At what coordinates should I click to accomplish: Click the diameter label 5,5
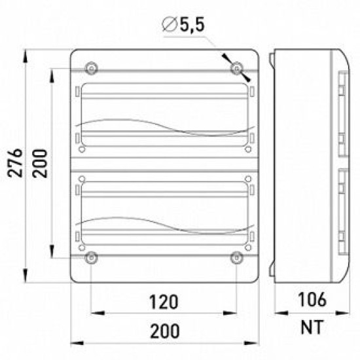[x=192, y=25]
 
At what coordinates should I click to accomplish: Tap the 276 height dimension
[x=15, y=163]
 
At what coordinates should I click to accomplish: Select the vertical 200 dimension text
[x=40, y=163]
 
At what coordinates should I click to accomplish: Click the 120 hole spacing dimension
[x=164, y=302]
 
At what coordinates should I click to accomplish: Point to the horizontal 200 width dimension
[x=164, y=331]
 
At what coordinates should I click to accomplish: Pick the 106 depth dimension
[x=312, y=299]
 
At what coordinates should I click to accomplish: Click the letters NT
[x=312, y=327]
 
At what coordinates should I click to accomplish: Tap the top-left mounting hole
[x=92, y=69]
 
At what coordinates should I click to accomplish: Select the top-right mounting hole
[x=236, y=69]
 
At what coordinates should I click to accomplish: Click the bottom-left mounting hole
[x=92, y=258]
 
